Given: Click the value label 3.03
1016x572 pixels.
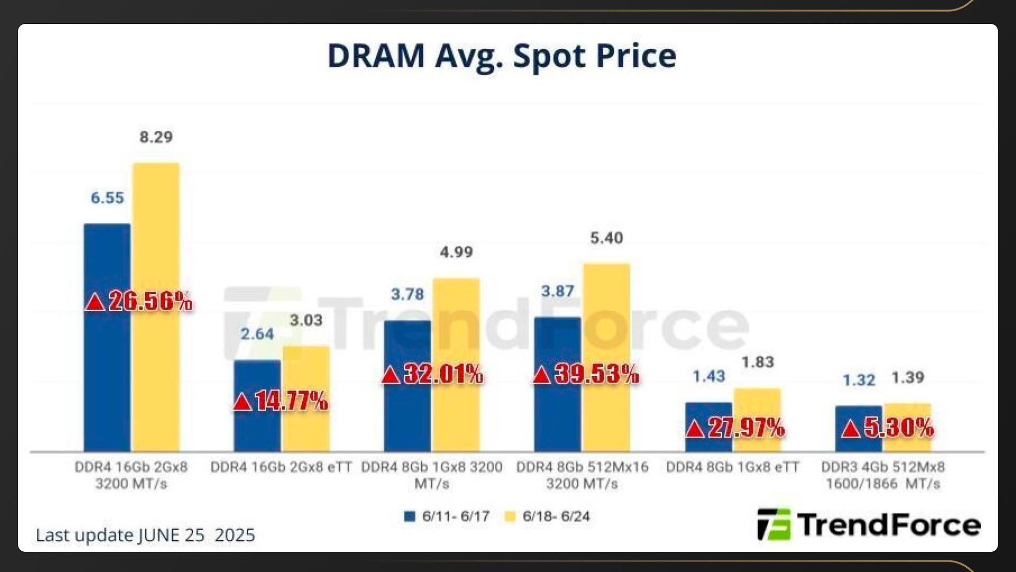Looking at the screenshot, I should tap(306, 320).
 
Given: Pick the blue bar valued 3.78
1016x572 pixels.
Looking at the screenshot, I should tap(407, 344).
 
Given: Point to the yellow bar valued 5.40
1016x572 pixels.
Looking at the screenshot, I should tap(606, 318).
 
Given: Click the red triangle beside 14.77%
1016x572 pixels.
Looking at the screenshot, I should tap(242, 402).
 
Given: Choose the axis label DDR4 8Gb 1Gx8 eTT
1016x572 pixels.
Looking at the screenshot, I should tap(732, 467).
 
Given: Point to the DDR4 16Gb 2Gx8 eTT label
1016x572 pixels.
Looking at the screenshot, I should tap(281, 467).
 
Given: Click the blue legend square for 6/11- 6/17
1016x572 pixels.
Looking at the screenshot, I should tap(409, 516).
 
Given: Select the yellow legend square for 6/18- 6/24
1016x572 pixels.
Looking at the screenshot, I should tap(510, 516).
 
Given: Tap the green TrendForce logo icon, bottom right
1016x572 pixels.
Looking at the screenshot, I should tap(774, 524).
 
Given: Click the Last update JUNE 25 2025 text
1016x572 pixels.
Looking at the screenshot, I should tap(146, 535).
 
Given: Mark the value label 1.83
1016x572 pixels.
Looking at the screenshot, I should tap(757, 362).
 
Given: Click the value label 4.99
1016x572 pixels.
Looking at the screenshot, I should tap(456, 252).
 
